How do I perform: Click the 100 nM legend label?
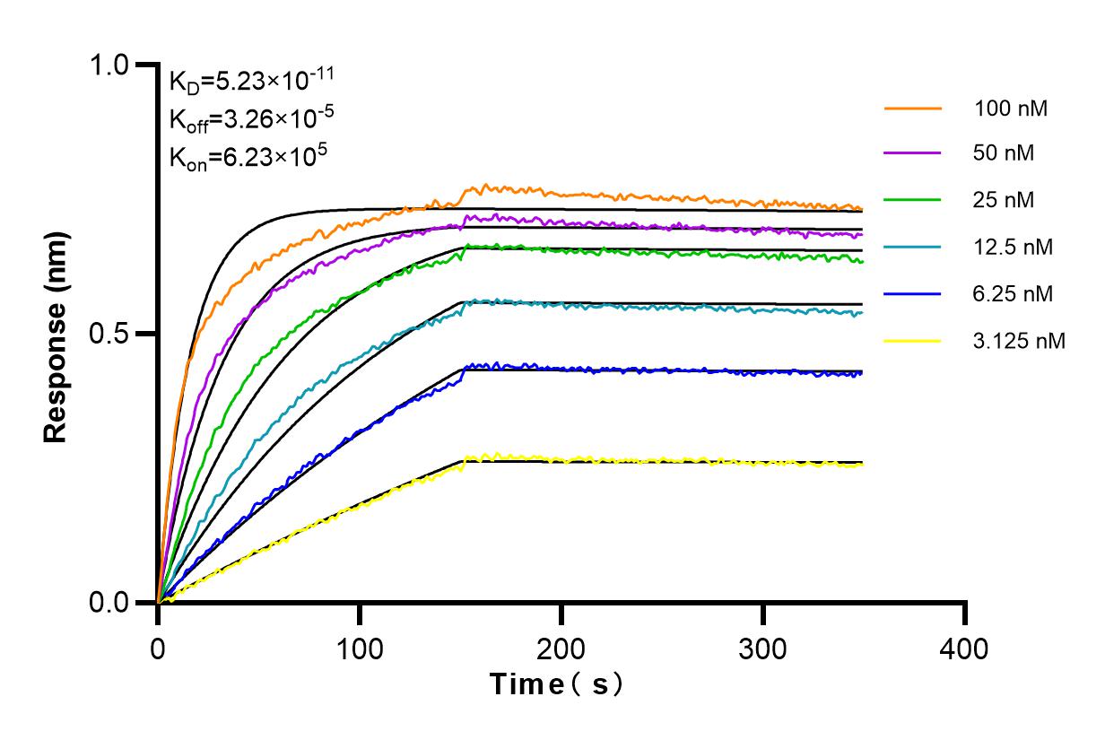coord(1011,109)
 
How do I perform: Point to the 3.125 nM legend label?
coord(1020,341)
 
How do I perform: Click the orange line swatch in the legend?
coord(912,109)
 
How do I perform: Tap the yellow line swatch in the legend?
coord(912,341)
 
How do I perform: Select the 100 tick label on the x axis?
coord(360,648)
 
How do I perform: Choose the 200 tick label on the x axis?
coord(561,648)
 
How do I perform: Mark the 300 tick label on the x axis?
coord(763,648)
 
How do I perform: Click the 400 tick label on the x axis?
coord(965,648)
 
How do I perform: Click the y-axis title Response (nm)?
coord(57,334)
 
